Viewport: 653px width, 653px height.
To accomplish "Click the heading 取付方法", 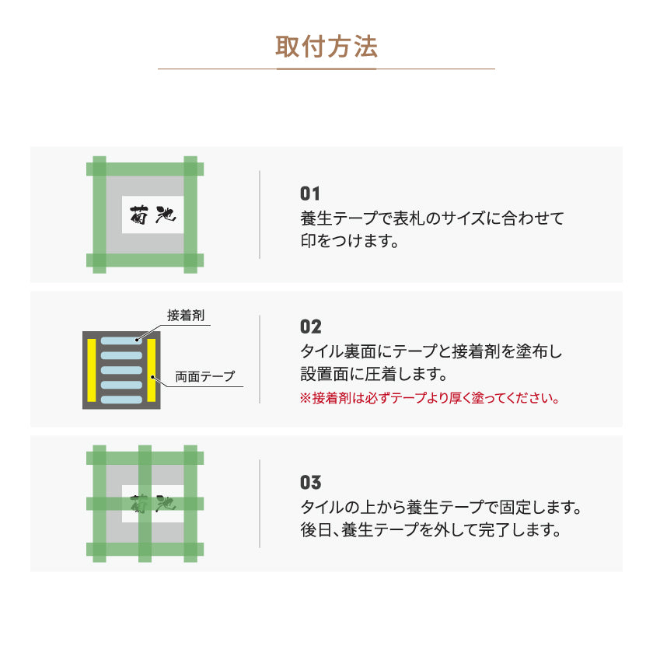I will click(x=326, y=47).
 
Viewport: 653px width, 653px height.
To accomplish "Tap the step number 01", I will click(x=310, y=194).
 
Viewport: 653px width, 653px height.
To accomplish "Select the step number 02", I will click(x=310, y=326).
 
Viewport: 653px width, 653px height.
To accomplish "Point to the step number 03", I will click(x=310, y=483).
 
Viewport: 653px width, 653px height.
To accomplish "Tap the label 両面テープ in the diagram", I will click(x=204, y=376).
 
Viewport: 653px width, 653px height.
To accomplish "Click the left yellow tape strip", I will click(x=92, y=370).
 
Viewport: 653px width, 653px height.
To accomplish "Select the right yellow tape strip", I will click(x=152, y=370).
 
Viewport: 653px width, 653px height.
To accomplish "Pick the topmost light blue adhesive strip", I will click(x=122, y=341).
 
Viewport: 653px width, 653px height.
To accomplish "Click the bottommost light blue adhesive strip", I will click(x=122, y=399).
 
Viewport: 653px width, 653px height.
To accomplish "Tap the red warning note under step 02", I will click(x=430, y=399).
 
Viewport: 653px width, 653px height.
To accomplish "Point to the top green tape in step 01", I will click(x=145, y=168).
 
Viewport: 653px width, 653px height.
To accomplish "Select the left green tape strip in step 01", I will click(x=100, y=214).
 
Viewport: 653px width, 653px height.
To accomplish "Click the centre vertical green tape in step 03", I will click(x=145, y=503).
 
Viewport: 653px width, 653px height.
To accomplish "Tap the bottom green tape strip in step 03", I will click(x=145, y=550).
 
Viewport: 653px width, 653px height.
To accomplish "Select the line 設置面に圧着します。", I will click(x=374, y=374).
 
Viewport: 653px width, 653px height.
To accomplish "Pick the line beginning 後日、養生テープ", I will click(x=430, y=532).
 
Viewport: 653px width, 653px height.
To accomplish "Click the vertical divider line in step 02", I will click(x=260, y=359).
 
